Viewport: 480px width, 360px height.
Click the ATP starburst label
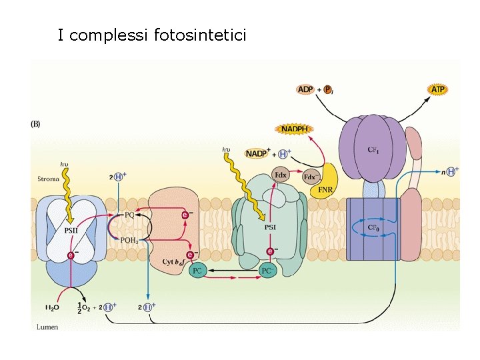pyautogui.click(x=437, y=89)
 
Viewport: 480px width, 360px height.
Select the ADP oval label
pyautogui.click(x=305, y=89)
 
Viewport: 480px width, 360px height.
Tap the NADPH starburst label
pyautogui.click(x=294, y=128)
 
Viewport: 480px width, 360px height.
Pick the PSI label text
pyautogui.click(x=270, y=227)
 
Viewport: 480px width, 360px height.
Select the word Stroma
pyautogui.click(x=48, y=179)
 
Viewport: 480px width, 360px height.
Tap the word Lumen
pyautogui.click(x=47, y=327)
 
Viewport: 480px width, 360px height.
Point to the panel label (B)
pyautogui.click(x=36, y=123)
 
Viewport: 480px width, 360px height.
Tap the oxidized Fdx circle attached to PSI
pyautogui.click(x=281, y=175)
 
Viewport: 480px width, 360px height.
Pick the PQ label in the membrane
pyautogui.click(x=129, y=215)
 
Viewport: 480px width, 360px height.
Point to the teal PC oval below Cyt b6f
pyautogui.click(x=197, y=271)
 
